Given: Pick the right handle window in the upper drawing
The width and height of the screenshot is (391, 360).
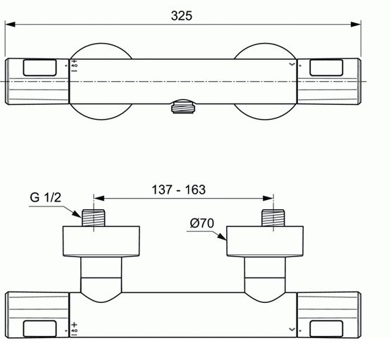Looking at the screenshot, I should pyautogui.click(x=327, y=67).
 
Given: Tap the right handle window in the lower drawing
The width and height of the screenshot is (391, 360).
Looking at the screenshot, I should pyautogui.click(x=327, y=328).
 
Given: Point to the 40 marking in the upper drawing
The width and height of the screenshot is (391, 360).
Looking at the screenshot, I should pyautogui.click(x=74, y=66).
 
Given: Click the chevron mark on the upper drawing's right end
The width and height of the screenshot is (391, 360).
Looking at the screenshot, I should pyautogui.click(x=292, y=64).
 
